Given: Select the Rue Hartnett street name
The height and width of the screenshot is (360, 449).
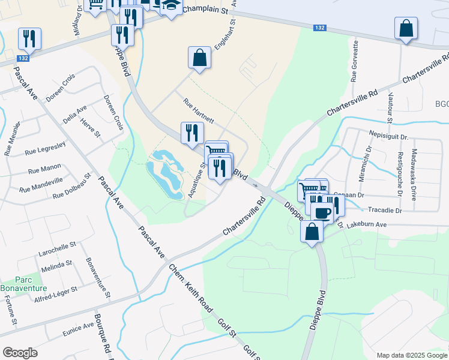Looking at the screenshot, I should (199, 110).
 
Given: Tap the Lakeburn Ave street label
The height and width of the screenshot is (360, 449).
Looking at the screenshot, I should (365, 224).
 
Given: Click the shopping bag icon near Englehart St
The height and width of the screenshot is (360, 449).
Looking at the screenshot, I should (199, 58).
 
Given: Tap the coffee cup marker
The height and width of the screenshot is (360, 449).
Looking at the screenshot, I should (322, 212).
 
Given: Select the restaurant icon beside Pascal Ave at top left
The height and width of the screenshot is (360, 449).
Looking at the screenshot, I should (29, 39).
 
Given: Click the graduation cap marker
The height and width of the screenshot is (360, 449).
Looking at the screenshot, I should (171, 6).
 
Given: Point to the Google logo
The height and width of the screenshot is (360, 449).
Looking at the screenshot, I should (20, 353).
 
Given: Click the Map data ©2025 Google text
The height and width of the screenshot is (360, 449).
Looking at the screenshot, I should (411, 355).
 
